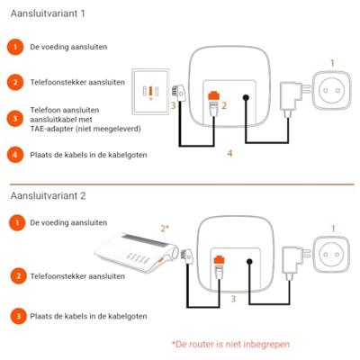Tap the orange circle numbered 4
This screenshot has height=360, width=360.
pyautogui.click(x=15, y=155)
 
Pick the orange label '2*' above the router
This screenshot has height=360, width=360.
pyautogui.click(x=165, y=229)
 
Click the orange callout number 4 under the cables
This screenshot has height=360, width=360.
pyautogui.click(x=230, y=154)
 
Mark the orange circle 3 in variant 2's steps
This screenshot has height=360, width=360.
pyautogui.click(x=15, y=316)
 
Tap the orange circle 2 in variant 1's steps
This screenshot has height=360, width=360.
pyautogui.click(x=15, y=82)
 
